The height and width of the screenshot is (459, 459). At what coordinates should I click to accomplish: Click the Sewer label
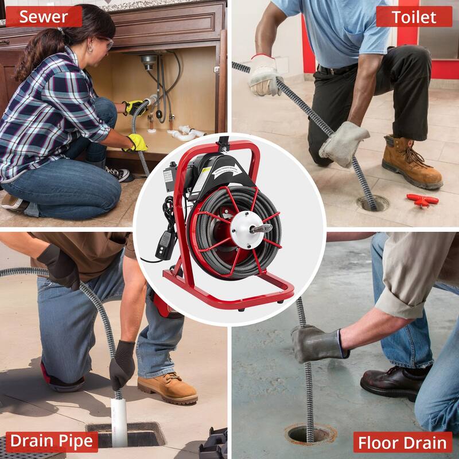[44, 17]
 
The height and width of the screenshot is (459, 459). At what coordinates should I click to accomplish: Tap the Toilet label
[414, 17]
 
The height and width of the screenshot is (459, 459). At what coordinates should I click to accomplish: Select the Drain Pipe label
[51, 441]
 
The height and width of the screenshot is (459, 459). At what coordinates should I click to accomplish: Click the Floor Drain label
[402, 442]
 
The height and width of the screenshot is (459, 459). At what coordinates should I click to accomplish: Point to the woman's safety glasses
[103, 41]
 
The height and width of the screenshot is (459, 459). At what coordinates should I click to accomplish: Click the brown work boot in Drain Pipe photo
[167, 388]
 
